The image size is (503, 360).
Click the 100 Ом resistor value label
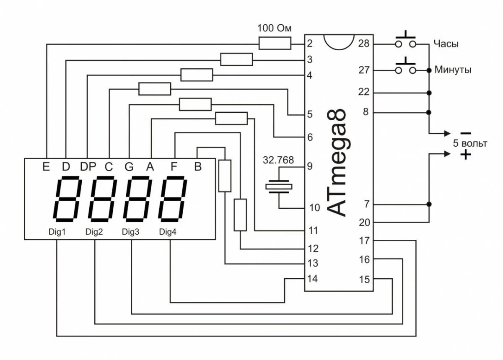[x=275, y=29]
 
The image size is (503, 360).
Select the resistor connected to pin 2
[x=275, y=43]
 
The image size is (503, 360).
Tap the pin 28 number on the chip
[x=364, y=43]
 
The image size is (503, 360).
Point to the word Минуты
[x=452, y=70]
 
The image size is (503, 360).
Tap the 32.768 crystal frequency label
[x=278, y=160]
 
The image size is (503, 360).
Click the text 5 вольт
[x=470, y=144]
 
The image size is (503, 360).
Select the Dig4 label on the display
[x=168, y=232]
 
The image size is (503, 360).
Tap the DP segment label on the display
[x=88, y=167]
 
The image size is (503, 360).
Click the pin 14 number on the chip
[x=312, y=279]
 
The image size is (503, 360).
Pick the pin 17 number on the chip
[x=364, y=241]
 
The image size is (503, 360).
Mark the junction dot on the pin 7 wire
[x=428, y=205]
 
